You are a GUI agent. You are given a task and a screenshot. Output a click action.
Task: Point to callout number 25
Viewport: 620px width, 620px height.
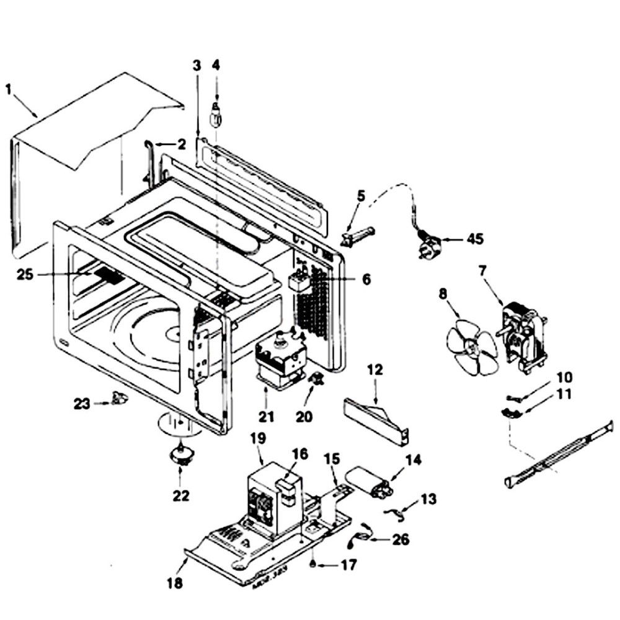point(25,275)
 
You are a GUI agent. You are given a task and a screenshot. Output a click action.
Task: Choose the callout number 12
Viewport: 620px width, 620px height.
point(376,370)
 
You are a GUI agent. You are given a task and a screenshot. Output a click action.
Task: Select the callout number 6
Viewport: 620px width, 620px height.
point(366,280)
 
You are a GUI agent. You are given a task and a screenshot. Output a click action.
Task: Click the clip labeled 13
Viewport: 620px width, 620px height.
point(394,511)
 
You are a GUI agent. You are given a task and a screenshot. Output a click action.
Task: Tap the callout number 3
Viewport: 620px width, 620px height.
point(197,64)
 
